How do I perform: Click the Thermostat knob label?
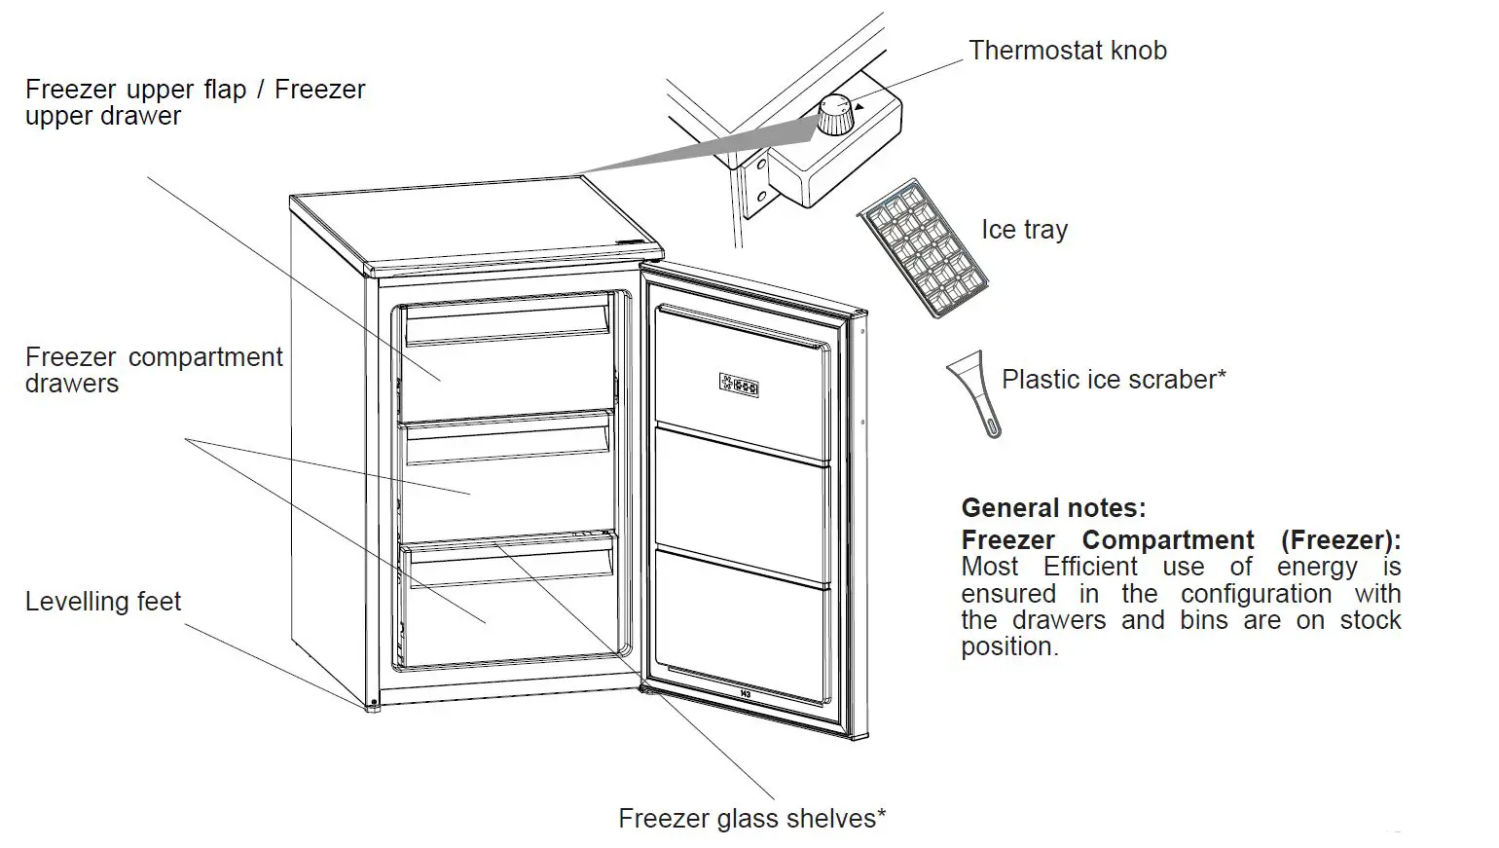[1067, 51]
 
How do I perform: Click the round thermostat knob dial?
[833, 115]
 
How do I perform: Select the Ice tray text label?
[1024, 230]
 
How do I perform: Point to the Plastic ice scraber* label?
[1114, 380]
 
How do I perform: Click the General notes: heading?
[1053, 508]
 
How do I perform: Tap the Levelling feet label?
[103, 602]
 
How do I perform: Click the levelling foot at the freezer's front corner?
[371, 706]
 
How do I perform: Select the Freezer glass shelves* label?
[751, 819]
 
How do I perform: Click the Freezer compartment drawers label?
[153, 370]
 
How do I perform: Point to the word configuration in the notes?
[1256, 594]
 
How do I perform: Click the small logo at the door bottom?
[746, 694]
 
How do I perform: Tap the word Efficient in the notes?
[1090, 568]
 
